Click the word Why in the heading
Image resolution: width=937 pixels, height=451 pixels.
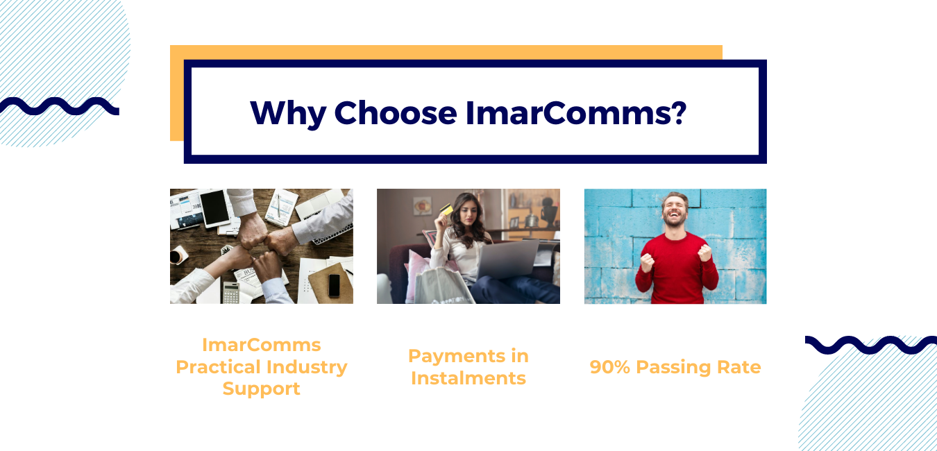coord(288,114)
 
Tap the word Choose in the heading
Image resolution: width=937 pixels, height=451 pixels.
coord(396,113)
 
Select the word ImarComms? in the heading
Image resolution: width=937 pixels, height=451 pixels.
coord(576,113)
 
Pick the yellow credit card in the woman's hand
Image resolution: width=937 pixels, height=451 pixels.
coord(446,209)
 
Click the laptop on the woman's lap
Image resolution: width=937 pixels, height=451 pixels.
coord(507,259)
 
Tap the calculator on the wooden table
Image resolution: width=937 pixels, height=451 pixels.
coord(231,292)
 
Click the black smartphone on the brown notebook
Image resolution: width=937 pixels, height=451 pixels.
coord(334,285)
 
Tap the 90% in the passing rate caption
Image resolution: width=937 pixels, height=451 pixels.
coord(609,367)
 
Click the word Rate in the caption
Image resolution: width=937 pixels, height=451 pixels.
coord(738,367)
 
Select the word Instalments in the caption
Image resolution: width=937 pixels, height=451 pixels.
coord(468,378)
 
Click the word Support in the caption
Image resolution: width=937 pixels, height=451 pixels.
coord(262,389)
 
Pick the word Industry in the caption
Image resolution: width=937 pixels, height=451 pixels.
coord(307,368)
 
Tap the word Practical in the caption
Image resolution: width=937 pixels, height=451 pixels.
coord(217,367)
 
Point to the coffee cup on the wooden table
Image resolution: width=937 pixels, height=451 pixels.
coord(178,255)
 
